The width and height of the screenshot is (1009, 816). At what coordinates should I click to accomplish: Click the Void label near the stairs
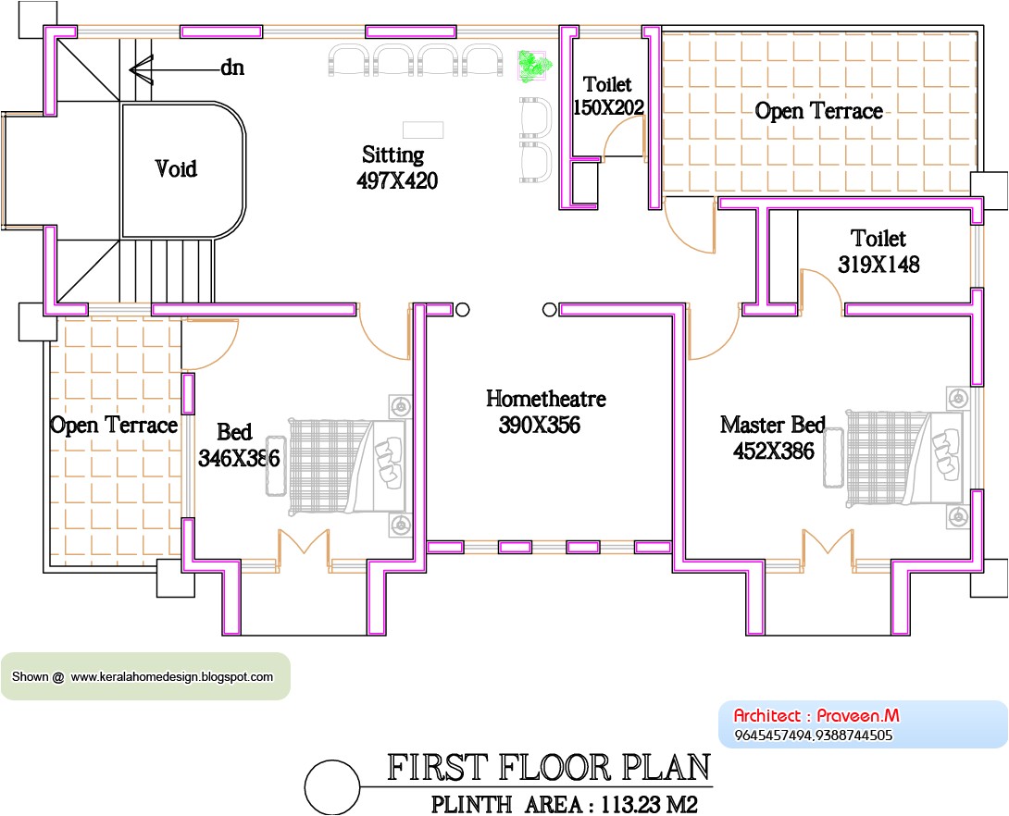(176, 169)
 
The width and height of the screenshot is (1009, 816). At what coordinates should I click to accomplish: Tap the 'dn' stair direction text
(231, 68)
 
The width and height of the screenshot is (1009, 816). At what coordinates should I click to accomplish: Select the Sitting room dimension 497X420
(397, 181)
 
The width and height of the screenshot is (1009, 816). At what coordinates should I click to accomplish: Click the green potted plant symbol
(533, 66)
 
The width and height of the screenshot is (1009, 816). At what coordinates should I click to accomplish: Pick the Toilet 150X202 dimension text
(608, 107)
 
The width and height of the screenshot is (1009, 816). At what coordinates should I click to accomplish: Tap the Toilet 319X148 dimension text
(878, 265)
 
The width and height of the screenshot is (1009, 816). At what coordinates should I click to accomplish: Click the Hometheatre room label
(545, 399)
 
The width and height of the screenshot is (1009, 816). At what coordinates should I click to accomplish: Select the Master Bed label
(772, 425)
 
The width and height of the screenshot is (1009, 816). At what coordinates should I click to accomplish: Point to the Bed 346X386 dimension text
(239, 457)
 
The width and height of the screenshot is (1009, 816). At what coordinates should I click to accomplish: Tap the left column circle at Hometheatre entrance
(463, 310)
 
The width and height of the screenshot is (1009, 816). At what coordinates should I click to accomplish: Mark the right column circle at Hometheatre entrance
(549, 310)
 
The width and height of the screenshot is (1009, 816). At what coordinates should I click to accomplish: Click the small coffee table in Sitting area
(422, 129)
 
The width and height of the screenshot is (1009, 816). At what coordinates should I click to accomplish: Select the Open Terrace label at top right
(818, 111)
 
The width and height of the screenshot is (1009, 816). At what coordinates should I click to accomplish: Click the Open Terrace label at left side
(113, 425)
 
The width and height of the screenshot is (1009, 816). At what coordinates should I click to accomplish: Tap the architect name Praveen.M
(858, 715)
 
